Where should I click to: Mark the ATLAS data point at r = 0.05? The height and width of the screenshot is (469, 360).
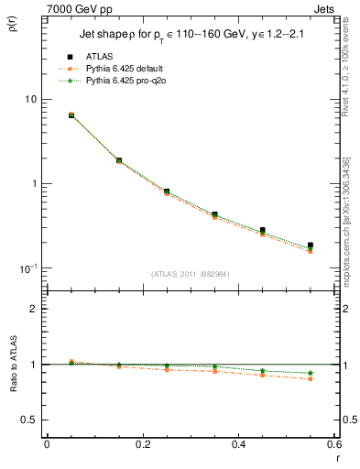coord(71,115)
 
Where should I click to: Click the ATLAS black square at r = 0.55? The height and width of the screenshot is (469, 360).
coord(311,245)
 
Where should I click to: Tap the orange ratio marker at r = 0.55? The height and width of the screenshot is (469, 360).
coord(311,378)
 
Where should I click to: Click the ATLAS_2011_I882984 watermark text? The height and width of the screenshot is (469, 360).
coord(191,273)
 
